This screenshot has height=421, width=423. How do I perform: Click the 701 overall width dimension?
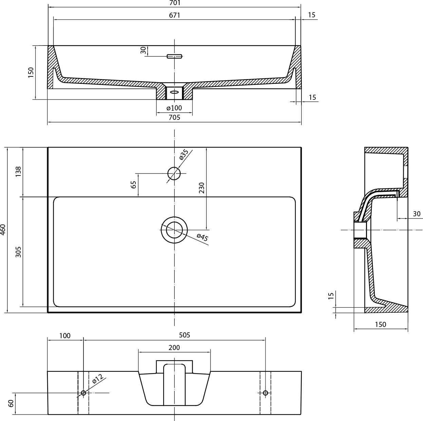(x=175, y=3)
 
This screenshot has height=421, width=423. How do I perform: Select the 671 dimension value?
(x=175, y=15)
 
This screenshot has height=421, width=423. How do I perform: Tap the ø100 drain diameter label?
(x=174, y=108)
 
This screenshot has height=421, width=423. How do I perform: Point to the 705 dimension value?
(x=174, y=117)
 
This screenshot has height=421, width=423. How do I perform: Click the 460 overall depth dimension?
(x=3, y=230)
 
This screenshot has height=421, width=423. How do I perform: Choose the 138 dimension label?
(x=18, y=171)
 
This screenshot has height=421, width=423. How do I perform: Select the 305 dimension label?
(x=18, y=252)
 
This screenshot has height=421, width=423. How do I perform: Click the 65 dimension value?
(x=133, y=185)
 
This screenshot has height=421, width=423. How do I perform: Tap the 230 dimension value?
(x=202, y=188)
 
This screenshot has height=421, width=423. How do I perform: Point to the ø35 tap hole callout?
(x=184, y=154)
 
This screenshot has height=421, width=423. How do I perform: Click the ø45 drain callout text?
(x=202, y=237)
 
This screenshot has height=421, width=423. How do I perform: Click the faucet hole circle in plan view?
(x=174, y=173)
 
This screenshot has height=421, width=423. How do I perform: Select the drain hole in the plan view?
(x=174, y=230)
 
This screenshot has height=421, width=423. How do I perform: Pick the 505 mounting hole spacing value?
(x=184, y=335)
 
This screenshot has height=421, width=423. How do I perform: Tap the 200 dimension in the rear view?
(x=174, y=347)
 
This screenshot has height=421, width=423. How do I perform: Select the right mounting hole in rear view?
(x=265, y=393)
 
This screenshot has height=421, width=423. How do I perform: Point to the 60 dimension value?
(x=11, y=403)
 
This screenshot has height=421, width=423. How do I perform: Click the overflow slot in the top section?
(x=174, y=56)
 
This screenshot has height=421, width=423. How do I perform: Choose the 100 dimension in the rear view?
(x=65, y=336)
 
